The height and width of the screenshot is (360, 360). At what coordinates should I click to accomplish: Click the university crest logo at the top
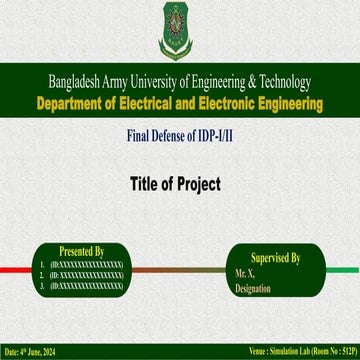coord(179,29)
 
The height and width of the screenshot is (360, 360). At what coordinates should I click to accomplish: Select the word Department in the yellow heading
coord(69,102)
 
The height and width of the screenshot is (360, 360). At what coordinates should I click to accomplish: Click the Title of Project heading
coord(181,184)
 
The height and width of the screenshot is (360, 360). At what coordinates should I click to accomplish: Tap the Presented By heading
coord(82,250)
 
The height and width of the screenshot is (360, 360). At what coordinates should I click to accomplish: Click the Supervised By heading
coord(275,257)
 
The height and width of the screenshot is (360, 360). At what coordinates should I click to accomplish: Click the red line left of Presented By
coord(14,266)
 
